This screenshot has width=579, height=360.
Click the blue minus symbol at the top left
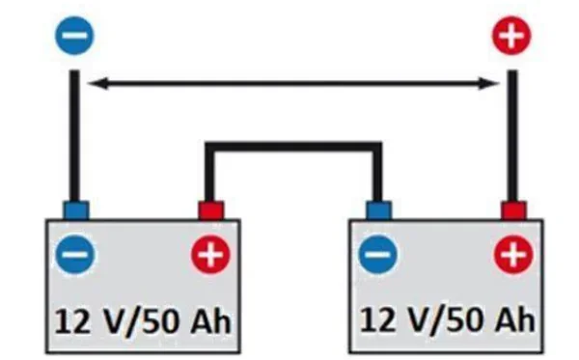pyautogui.click(x=74, y=36)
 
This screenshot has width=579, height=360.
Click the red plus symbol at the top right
pyautogui.click(x=511, y=36)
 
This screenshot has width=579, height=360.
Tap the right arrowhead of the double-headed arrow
pyautogui.click(x=488, y=84)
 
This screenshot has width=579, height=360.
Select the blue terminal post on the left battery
pyautogui.click(x=76, y=210)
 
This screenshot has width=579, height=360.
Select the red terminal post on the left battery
pyautogui.click(x=211, y=210)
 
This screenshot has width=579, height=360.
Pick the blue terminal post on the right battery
pyautogui.click(x=378, y=210)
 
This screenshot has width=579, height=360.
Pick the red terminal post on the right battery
pyautogui.click(x=513, y=210)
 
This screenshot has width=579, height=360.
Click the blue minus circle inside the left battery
pyautogui.click(x=75, y=255)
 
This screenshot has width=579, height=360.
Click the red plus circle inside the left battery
pyautogui.click(x=210, y=255)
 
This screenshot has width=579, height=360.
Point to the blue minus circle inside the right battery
pyautogui.click(x=378, y=255)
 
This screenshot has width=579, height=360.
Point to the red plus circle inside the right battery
pyautogui.click(x=513, y=255)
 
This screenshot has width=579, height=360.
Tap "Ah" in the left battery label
pyautogui.click(x=210, y=321)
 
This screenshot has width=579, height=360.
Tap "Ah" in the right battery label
pyautogui.click(x=514, y=319)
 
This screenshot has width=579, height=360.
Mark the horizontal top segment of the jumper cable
pyautogui.click(x=293, y=146)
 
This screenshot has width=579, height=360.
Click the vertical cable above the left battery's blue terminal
pyautogui.click(x=74, y=136)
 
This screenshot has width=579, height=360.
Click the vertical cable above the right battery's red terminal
pyautogui.click(x=512, y=136)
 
